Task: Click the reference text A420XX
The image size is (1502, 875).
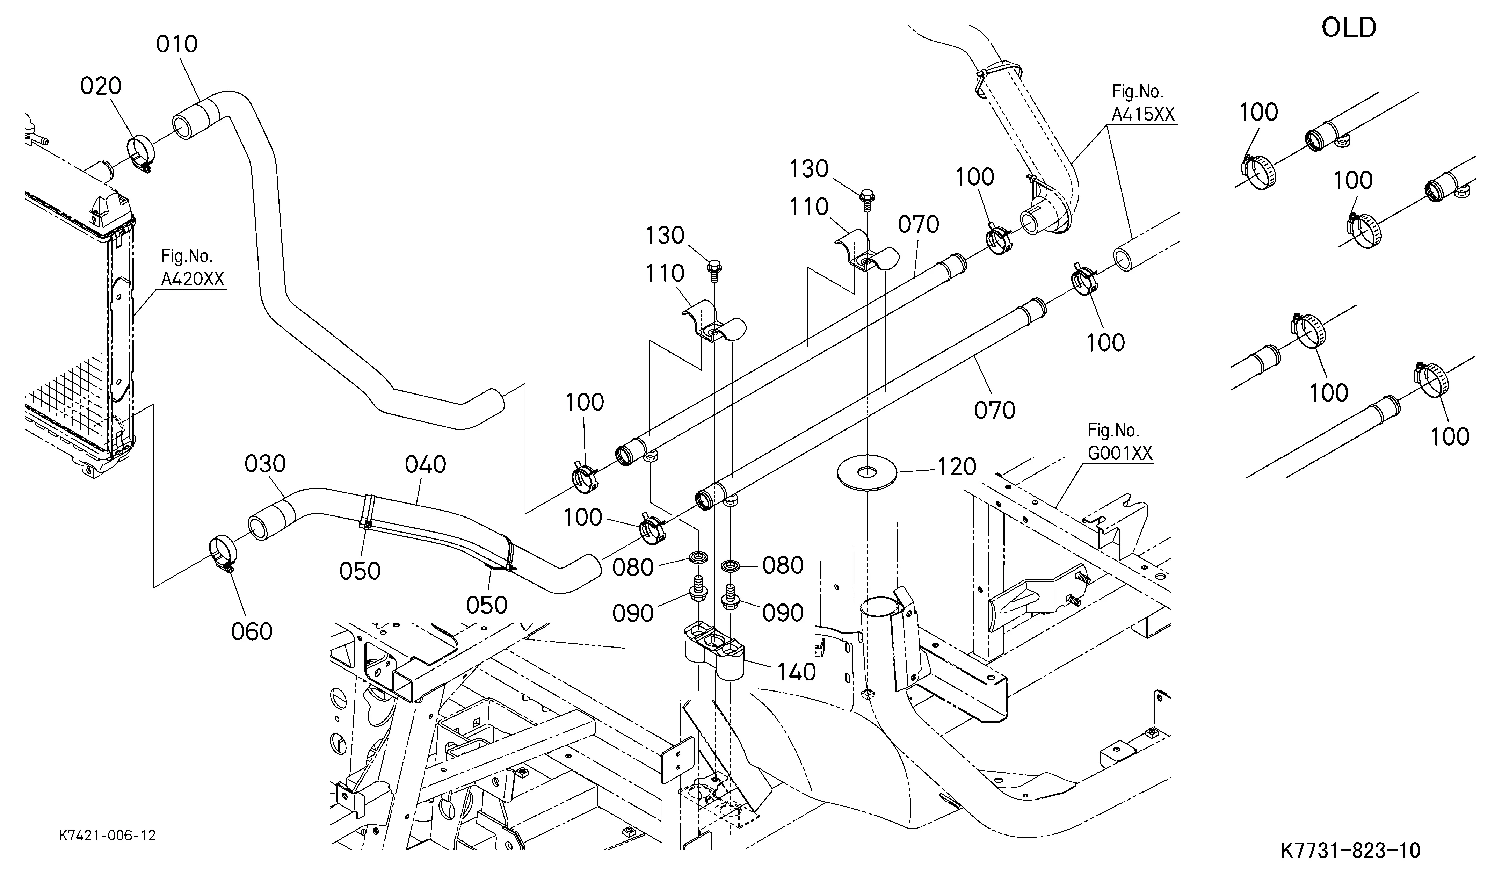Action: click(x=193, y=279)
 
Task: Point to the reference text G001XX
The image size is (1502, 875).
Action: click(x=1120, y=453)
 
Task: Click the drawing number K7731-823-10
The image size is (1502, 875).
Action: click(x=1350, y=850)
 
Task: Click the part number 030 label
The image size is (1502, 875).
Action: click(x=265, y=464)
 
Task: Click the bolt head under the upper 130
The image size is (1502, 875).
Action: click(x=868, y=195)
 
